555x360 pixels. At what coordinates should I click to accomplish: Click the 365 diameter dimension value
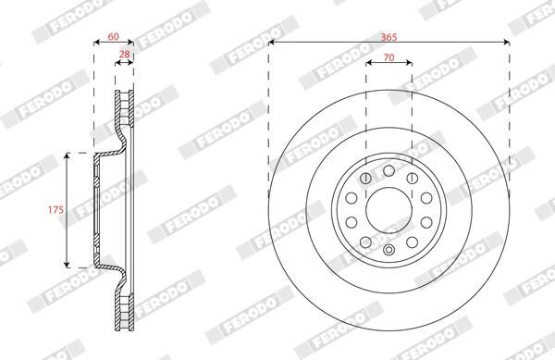tap(388, 37)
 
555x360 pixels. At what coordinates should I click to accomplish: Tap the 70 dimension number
tap(388, 57)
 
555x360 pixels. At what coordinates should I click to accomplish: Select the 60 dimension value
tap(113, 36)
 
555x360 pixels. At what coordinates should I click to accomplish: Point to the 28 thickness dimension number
tap(124, 55)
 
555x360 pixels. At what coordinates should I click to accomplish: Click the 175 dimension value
tap(55, 209)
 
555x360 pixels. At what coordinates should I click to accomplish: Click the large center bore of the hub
tap(388, 210)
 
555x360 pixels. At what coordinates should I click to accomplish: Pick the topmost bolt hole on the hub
tap(388, 170)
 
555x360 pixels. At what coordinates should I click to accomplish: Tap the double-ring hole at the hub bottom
tap(388, 250)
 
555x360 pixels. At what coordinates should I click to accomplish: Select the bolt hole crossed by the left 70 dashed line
tap(365, 178)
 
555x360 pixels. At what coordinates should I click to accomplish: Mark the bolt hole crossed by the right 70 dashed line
tap(412, 178)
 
